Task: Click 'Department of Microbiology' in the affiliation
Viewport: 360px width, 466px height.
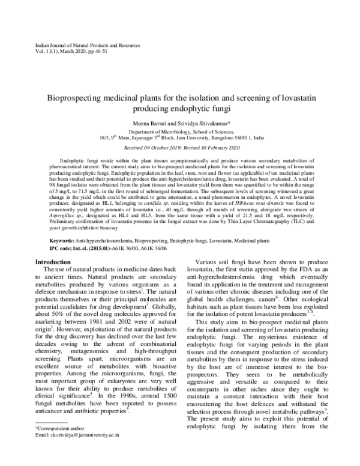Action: point(158,131)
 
